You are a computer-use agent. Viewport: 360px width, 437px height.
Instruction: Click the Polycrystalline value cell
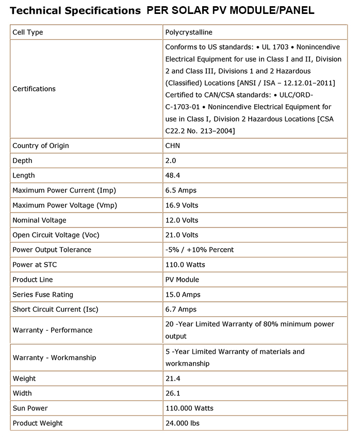point(189,33)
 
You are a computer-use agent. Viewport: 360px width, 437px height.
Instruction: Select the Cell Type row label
point(28,33)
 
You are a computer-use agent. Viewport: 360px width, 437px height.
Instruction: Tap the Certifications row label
point(34,89)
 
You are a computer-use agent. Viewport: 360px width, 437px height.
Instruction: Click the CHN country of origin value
point(173,145)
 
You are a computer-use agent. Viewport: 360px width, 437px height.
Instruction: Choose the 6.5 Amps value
point(181,190)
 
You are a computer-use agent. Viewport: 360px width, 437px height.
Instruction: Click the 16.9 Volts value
point(182,205)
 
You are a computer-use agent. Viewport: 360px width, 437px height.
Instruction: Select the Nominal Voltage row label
point(39,220)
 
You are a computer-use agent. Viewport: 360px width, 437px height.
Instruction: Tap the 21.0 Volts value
point(182,235)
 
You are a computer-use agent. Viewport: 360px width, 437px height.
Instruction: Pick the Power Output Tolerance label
point(52,250)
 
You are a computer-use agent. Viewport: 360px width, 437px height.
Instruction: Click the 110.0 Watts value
point(185,265)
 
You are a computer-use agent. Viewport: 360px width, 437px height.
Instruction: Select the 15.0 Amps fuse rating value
point(183,295)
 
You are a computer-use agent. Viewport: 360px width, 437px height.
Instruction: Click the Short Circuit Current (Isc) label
point(55,309)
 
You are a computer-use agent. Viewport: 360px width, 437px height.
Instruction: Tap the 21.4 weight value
point(172,379)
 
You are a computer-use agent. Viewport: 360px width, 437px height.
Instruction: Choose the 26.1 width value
point(172,393)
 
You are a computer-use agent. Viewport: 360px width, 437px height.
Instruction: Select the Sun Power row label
point(30,408)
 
